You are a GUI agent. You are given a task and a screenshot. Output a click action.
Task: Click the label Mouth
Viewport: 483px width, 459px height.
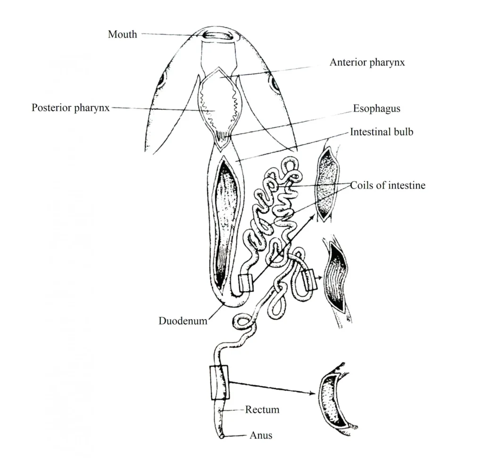(122, 34)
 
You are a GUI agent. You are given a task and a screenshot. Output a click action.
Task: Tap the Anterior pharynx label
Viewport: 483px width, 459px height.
(366, 62)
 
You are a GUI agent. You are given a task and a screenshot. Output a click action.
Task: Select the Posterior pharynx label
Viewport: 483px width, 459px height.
(70, 108)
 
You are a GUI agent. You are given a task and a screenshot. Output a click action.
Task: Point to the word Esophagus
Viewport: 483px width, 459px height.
(376, 109)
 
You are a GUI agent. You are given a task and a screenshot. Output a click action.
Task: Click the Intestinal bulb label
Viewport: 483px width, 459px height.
(381, 132)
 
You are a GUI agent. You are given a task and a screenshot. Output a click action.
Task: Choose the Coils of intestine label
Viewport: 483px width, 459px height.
(387, 185)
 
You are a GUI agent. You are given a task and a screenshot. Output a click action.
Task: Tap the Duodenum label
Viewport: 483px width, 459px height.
(183, 321)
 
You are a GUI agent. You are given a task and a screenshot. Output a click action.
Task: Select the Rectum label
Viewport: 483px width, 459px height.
(262, 410)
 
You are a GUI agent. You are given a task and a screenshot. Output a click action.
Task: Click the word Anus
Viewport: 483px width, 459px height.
(261, 435)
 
